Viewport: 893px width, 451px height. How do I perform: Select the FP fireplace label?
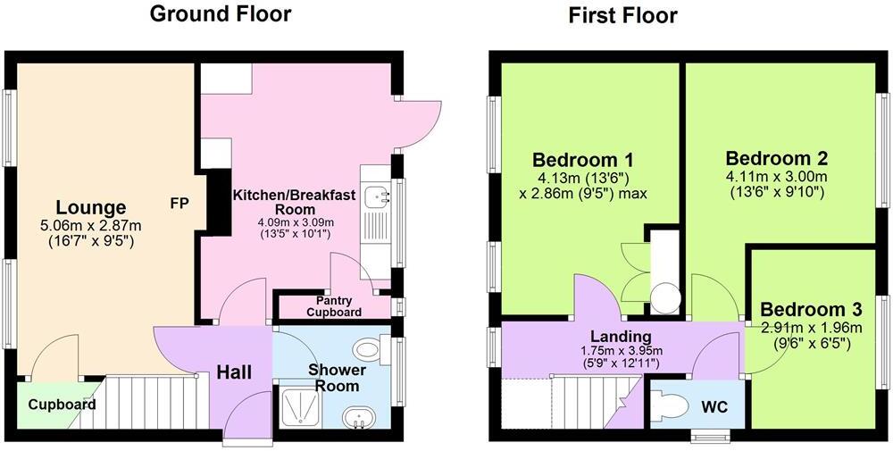pos(179,203)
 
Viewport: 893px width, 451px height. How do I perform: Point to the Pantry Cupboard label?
pos(334,306)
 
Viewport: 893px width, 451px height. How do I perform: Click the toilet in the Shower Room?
pos(368,347)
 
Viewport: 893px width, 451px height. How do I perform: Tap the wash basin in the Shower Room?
pos(360,417)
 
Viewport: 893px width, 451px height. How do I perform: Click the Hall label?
pos(233,372)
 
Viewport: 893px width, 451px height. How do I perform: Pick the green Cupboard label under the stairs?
pos(61,405)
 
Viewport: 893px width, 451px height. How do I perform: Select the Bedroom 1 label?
pos(583,160)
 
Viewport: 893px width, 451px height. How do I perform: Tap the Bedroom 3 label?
pos(811,309)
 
